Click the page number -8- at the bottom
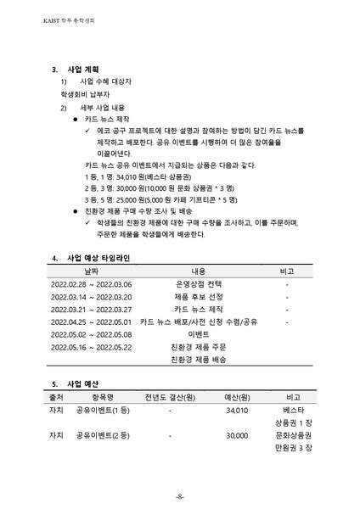tap(180, 495)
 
